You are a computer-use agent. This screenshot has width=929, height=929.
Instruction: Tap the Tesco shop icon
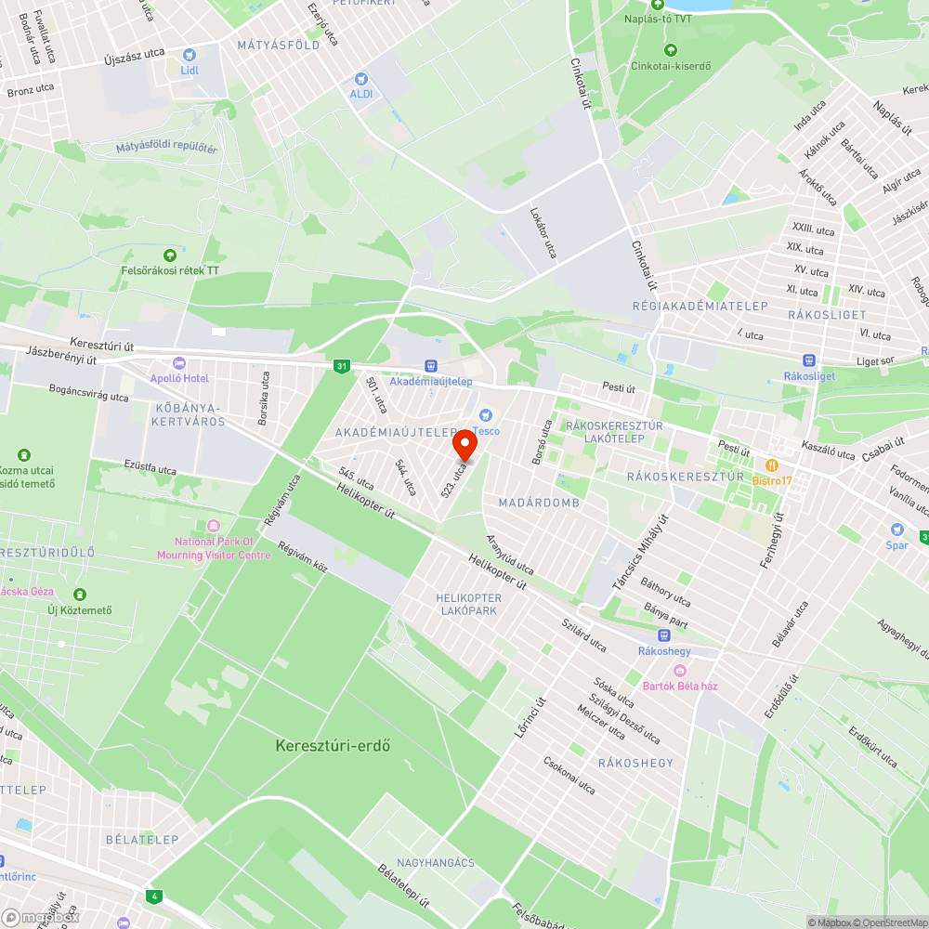[483, 414]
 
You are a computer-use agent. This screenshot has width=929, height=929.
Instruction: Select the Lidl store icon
[190, 55]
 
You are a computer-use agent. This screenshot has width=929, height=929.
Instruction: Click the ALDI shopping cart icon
[361, 80]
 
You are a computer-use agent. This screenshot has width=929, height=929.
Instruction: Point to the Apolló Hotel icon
[179, 363]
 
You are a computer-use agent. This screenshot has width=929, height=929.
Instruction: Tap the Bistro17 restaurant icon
[770, 464]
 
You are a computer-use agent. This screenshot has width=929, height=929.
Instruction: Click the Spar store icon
[896, 530]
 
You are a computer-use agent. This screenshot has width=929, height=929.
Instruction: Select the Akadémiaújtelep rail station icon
[430, 366]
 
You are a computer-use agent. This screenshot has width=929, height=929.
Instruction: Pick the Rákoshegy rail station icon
[663, 635]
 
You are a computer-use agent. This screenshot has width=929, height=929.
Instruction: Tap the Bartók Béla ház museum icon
[680, 671]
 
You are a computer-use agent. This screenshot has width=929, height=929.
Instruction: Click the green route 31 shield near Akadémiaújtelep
[342, 367]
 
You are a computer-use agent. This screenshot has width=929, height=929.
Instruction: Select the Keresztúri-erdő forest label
[332, 745]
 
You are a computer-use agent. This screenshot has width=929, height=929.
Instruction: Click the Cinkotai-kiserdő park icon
[670, 51]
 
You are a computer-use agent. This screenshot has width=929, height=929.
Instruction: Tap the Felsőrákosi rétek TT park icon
[170, 255]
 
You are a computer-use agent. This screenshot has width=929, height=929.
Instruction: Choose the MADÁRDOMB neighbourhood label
[539, 503]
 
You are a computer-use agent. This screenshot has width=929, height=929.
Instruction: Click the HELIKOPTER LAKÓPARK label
[469, 604]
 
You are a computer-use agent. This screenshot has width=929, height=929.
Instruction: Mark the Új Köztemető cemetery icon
[80, 594]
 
